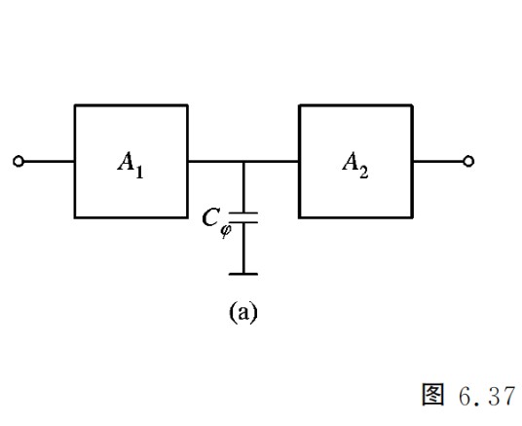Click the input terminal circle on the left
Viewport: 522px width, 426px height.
pos(19,161)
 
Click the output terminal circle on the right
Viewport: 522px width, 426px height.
pos(468,161)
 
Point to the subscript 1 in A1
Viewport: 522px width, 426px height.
pos(139,172)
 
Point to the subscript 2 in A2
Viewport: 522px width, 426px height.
pos(364,172)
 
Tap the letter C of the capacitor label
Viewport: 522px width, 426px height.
pos(210,217)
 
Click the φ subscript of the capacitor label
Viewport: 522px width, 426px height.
pos(226,230)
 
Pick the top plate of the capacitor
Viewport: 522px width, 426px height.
pos(243,213)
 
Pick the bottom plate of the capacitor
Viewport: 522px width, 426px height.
pos(243,221)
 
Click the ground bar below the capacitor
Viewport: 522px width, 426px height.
pos(243,274)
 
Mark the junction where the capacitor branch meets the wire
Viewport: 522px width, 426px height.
pos(243,161)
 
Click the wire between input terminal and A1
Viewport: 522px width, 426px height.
pos(49,161)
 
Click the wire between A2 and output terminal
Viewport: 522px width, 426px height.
pos(438,161)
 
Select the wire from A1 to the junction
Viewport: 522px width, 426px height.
pos(216,161)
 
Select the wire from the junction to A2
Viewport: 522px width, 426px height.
pos(271,161)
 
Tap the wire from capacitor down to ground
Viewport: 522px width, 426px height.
pos(243,248)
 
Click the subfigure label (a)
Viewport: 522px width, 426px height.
pos(243,312)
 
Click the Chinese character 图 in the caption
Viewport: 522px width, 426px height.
pos(432,395)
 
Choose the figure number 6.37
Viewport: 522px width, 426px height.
pos(487,396)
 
